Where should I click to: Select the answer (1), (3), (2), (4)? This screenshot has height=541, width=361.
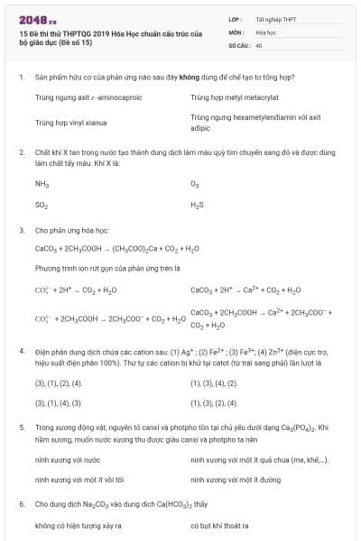coord(214,402)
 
